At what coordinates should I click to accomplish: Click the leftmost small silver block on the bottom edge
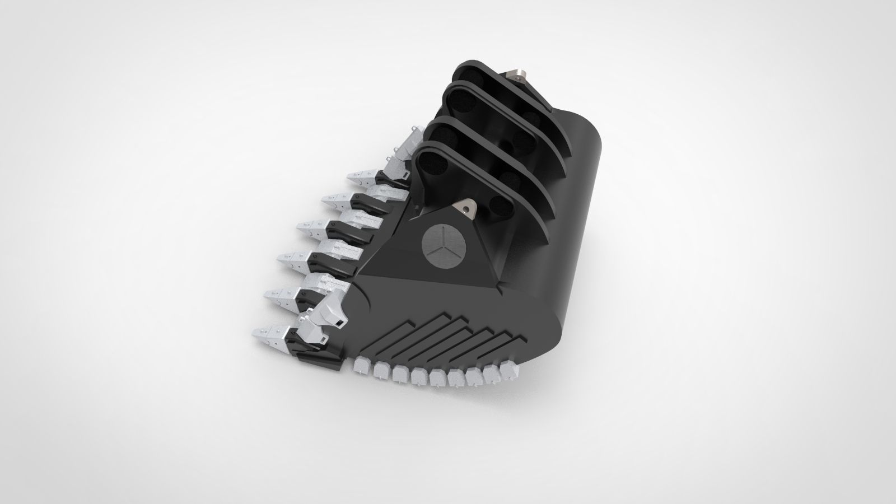[x=364, y=367]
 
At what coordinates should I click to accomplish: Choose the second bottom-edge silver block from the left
[x=382, y=370]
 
